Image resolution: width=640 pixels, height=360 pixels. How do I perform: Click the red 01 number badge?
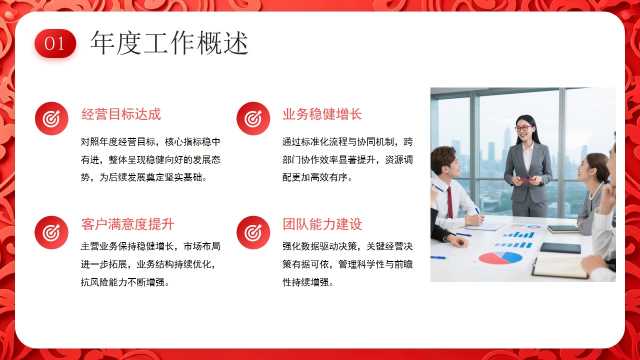click(56, 43)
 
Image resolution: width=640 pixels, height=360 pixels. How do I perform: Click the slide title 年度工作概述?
click(169, 43)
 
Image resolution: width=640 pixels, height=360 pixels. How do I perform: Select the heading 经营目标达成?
click(121, 114)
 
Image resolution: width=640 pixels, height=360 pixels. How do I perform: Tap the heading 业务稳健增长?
click(322, 114)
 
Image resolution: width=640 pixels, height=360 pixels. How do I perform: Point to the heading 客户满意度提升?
click(127, 224)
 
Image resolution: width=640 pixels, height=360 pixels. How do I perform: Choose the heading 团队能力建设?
click(322, 224)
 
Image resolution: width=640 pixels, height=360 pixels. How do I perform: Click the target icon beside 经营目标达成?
click(51, 118)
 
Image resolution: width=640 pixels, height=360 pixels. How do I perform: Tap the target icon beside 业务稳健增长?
click(253, 118)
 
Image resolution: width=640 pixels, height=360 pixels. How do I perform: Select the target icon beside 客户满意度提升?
click(51, 232)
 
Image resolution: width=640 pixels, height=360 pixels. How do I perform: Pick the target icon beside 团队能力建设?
click(253, 232)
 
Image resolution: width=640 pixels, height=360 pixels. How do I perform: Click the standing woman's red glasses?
click(523, 128)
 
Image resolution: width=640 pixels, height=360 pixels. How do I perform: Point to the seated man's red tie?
click(449, 202)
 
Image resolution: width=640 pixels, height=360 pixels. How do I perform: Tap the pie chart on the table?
click(500, 258)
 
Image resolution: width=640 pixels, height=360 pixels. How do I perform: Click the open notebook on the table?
click(561, 266)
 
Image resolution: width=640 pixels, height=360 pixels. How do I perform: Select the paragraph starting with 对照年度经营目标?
click(151, 160)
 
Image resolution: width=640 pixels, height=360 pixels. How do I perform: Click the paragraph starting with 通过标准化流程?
click(348, 160)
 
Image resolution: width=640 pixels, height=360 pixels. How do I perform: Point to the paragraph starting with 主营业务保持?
click(151, 264)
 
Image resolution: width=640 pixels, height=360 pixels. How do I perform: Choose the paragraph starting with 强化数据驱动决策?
click(348, 264)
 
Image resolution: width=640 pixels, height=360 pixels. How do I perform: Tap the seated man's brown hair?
click(443, 156)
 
